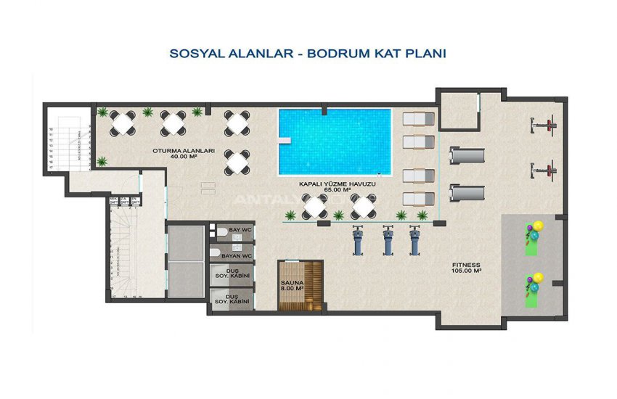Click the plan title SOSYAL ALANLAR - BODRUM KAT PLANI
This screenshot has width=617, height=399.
307,54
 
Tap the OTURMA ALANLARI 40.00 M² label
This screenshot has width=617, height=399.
183,154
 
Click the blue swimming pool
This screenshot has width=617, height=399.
334,141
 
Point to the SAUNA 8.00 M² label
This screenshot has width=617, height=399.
292,284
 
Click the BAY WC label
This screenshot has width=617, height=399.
239,231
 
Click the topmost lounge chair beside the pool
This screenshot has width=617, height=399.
418,120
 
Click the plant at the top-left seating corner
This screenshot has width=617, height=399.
103,112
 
